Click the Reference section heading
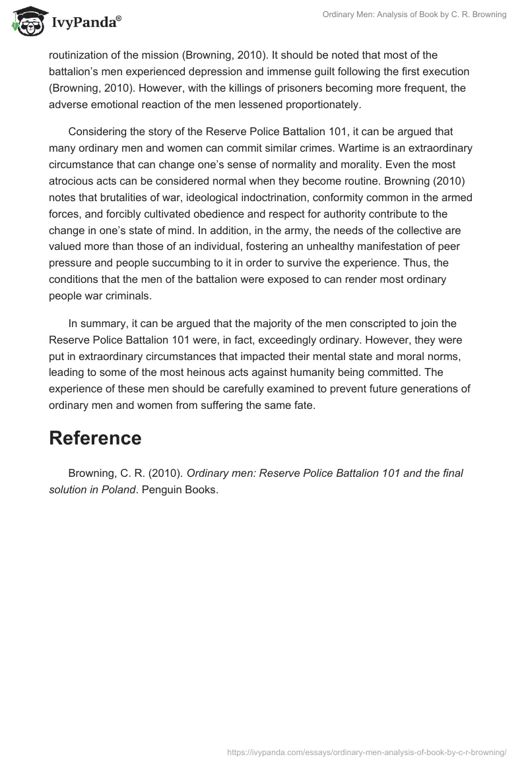95,439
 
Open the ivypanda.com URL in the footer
366,751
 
